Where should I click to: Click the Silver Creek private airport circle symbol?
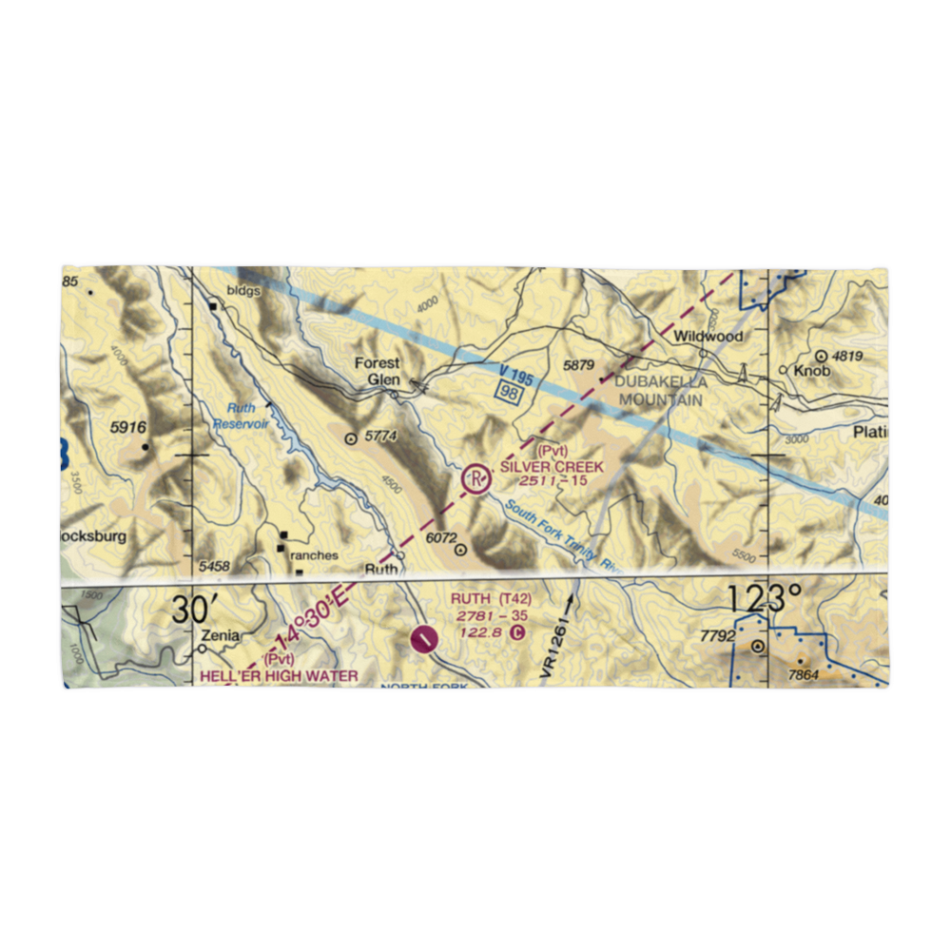[x=475, y=479]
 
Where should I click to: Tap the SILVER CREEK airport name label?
[x=552, y=467]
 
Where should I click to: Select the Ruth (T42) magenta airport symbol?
[x=424, y=638]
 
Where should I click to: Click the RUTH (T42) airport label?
[x=491, y=598]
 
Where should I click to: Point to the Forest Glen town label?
[x=378, y=370]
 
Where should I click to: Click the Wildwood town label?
[x=708, y=337]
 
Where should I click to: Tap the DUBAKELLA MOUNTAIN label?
[x=661, y=391]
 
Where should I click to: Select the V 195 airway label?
[x=515, y=375]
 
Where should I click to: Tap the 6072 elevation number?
[x=441, y=537]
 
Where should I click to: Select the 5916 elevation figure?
[x=128, y=428]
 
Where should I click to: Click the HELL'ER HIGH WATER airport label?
[x=279, y=676]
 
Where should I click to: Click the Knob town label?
[x=813, y=371]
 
